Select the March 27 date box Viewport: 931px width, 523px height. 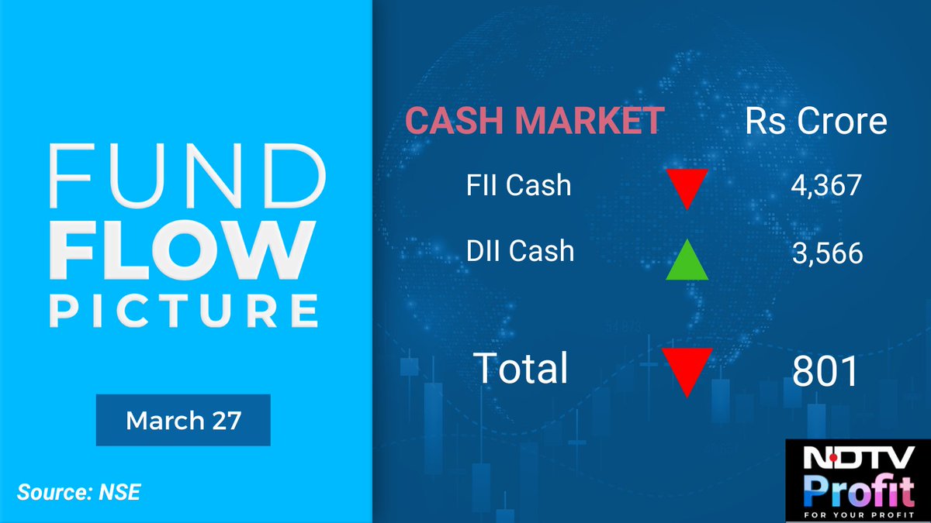pos(183,420)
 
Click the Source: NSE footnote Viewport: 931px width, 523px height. pos(79,492)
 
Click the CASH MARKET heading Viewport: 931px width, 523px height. pos(535,122)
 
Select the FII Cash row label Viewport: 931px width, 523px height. pos(519,186)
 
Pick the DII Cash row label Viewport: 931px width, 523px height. pos(519,251)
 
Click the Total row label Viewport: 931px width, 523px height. pos(521,368)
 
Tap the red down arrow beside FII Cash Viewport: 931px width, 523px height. pos(687,187)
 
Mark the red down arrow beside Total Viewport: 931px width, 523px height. pos(687,370)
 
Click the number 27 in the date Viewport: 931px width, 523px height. pos(226,421)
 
